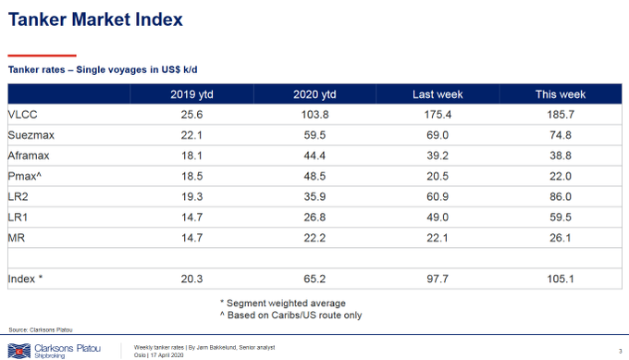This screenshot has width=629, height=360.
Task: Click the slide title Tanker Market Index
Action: click(95, 19)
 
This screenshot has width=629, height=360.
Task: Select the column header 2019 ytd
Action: click(191, 94)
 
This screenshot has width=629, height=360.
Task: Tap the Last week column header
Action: click(438, 94)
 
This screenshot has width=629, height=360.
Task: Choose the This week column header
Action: click(561, 94)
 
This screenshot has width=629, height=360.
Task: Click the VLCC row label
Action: click(22, 115)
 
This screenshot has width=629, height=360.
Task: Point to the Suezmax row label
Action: click(31, 135)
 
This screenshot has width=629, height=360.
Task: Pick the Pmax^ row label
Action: click(24, 176)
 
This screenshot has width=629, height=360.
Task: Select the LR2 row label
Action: click(18, 196)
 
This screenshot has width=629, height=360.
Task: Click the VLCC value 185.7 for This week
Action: click(561, 115)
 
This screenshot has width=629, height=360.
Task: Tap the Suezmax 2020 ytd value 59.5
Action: click(314, 135)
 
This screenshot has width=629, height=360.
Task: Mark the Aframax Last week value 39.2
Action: click(438, 155)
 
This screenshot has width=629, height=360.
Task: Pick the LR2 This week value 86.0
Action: click(561, 196)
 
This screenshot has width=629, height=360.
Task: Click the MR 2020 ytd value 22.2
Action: click(314, 238)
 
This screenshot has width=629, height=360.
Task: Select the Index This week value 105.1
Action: click(561, 279)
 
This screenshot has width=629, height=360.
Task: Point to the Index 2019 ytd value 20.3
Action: click(191, 279)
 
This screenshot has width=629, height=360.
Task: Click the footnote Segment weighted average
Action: click(283, 303)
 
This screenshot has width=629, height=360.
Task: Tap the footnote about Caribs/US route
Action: click(290, 315)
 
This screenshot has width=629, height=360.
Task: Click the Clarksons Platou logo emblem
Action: click(19, 351)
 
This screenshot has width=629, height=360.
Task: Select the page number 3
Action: click(620, 351)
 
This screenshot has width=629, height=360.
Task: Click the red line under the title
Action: click(43, 56)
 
